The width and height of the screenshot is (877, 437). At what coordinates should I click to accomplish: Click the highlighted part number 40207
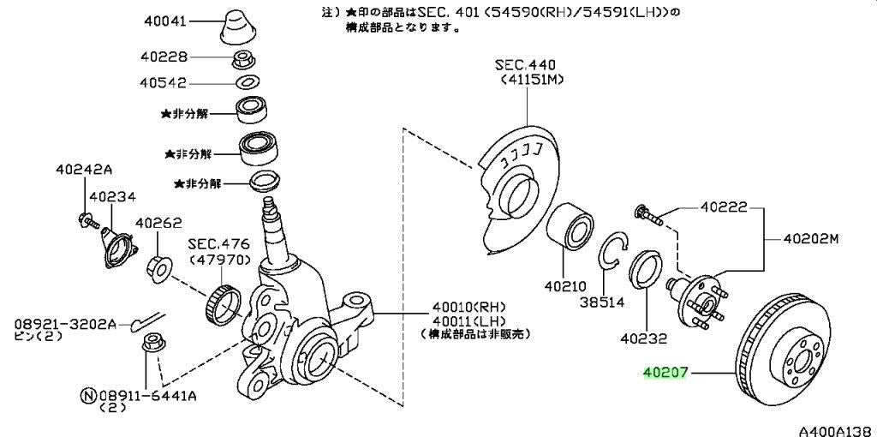point(665,373)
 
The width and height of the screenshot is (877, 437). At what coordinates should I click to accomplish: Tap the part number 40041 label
point(165,21)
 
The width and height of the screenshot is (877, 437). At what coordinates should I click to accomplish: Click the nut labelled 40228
point(242,57)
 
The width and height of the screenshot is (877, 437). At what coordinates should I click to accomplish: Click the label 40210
point(565,286)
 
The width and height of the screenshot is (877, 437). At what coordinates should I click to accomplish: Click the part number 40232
point(644,338)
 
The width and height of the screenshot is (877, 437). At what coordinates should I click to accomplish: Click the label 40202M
point(810,239)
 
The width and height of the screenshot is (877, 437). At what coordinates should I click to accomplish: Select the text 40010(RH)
point(468,307)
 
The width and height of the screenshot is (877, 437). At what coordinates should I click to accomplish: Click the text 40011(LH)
point(468,320)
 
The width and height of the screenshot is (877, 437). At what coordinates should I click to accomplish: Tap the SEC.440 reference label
point(525,65)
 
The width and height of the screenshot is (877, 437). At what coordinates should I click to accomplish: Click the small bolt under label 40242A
point(89,219)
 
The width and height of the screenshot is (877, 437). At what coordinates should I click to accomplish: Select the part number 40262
point(158,224)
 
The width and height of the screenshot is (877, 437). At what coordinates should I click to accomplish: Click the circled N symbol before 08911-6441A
point(89,396)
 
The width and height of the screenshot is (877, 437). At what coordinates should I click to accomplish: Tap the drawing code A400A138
point(837,431)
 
